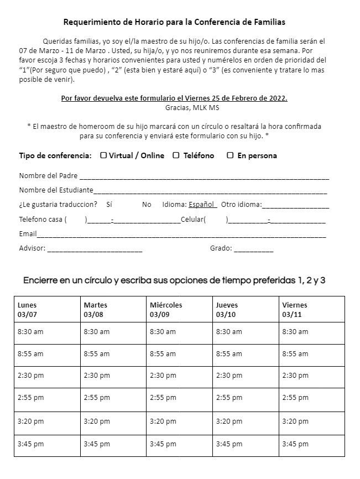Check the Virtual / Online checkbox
click(x=103, y=155)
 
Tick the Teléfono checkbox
click(x=176, y=155)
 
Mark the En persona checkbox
click(x=230, y=155)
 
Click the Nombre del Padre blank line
click(x=204, y=178)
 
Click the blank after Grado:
click(x=253, y=250)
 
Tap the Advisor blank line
click(x=95, y=250)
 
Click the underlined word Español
click(x=201, y=205)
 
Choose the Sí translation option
click(x=109, y=205)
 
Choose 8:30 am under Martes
click(x=97, y=332)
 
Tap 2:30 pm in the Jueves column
click(x=229, y=376)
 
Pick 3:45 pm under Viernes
click(x=295, y=444)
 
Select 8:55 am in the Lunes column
click(x=30, y=354)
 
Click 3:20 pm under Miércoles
click(x=163, y=421)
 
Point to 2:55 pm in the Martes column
click(x=97, y=398)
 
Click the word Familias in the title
click(x=267, y=23)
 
